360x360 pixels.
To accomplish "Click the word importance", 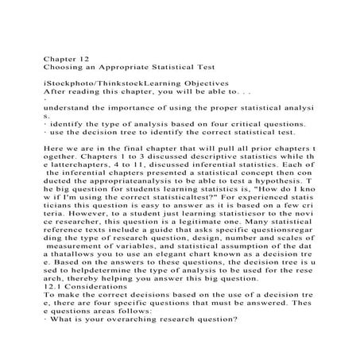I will [130, 106].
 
